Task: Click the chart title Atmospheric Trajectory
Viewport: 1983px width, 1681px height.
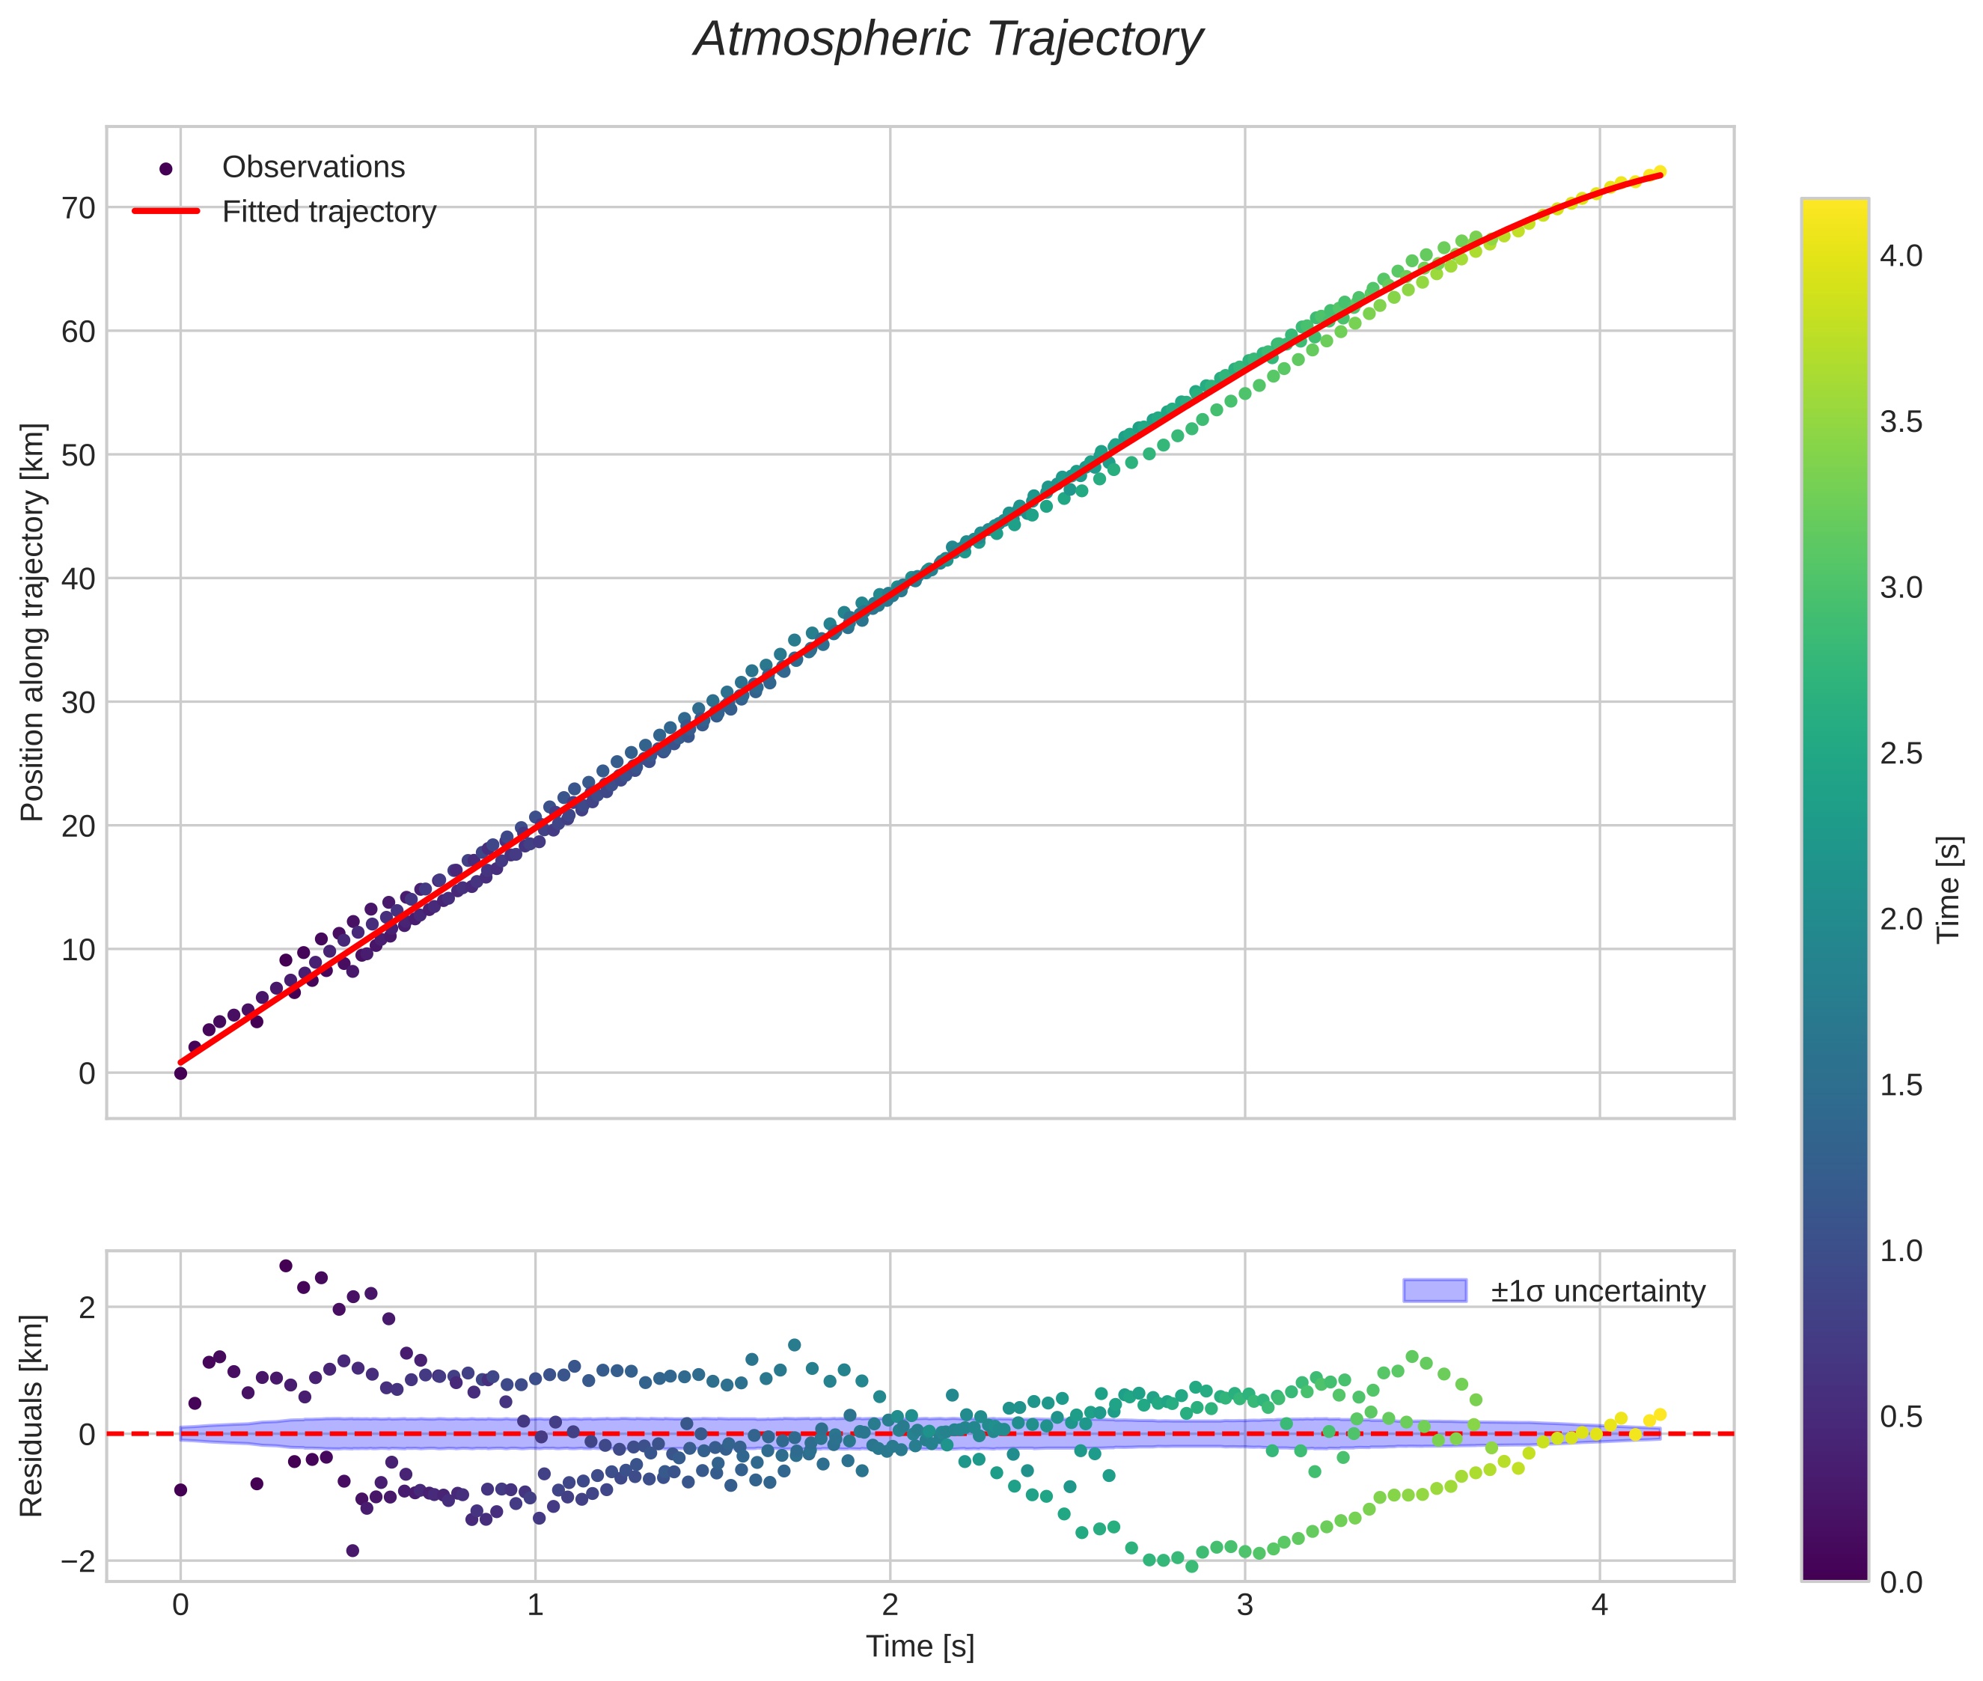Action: tap(948, 40)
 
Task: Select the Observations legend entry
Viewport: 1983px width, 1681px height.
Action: tap(313, 168)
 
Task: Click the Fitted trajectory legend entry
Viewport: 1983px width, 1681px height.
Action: tap(328, 212)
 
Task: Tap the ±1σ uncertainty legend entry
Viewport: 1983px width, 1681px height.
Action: tap(1597, 1291)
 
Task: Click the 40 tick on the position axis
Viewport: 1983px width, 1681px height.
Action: tap(79, 579)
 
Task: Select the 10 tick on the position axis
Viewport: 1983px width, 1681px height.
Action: tap(79, 949)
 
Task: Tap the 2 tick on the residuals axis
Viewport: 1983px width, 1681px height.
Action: tap(87, 1308)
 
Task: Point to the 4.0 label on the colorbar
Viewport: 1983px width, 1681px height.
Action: tap(1900, 257)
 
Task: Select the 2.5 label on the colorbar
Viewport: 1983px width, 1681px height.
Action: tap(1900, 754)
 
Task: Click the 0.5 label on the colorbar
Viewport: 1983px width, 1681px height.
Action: tap(1900, 1417)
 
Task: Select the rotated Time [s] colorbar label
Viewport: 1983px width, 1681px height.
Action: tap(1949, 888)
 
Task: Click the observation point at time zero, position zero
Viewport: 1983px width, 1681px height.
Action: tap(180, 1073)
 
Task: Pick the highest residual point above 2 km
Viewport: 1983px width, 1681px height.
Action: tap(286, 1266)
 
